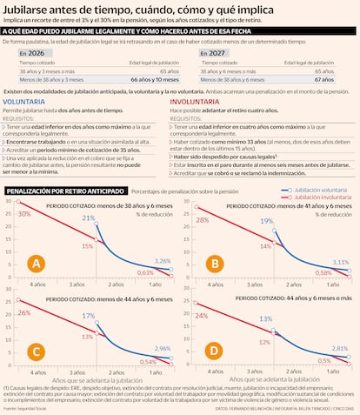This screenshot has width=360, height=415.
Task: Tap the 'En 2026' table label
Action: coord(32,53)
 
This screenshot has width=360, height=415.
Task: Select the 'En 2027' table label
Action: coord(214,53)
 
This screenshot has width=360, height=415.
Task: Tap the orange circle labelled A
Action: coord(37,262)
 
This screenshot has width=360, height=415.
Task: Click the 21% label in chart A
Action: coord(89,218)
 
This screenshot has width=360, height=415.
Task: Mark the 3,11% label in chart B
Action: coord(341,262)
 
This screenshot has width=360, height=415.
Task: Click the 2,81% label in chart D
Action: coord(341,347)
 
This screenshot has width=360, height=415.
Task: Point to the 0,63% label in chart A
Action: coord(147,272)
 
